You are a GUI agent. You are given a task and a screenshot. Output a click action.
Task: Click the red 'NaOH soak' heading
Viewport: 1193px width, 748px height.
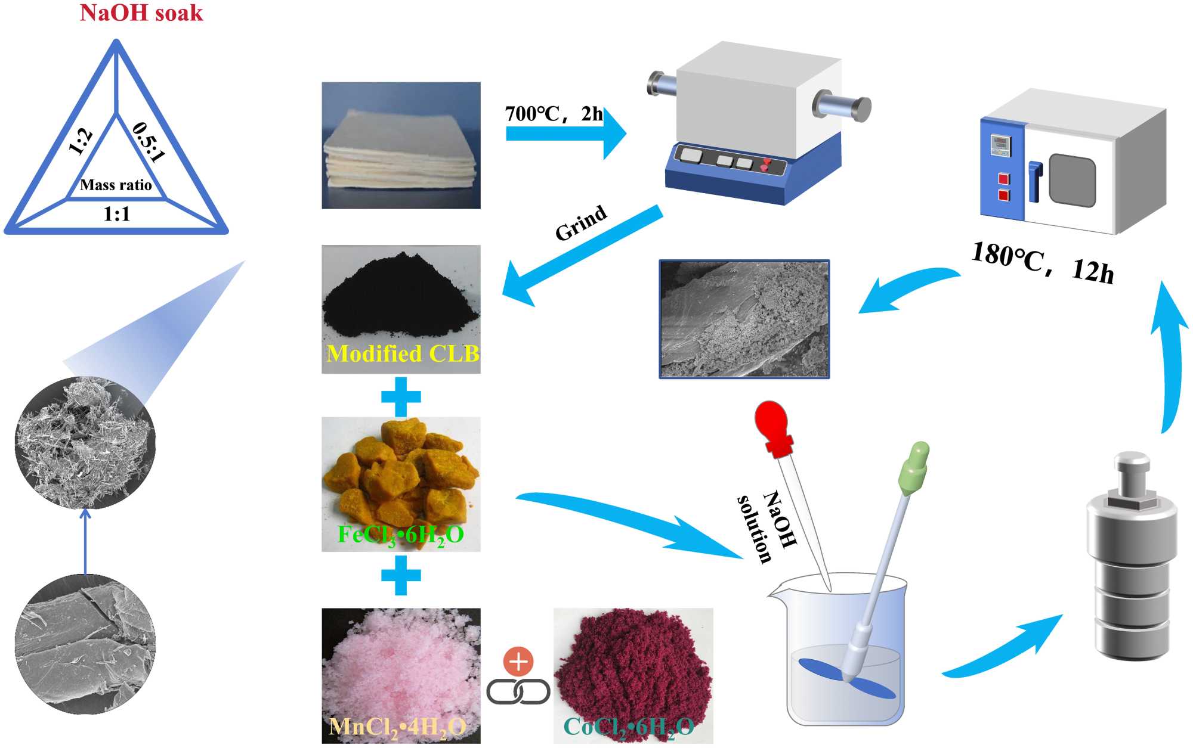(x=141, y=13)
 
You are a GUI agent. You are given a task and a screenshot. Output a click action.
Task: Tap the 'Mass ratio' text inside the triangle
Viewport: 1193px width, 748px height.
(x=116, y=185)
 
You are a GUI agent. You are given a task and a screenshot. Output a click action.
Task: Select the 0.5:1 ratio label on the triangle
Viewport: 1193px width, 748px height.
(x=149, y=142)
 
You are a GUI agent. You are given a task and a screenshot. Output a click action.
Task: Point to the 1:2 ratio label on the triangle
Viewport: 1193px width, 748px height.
(x=81, y=142)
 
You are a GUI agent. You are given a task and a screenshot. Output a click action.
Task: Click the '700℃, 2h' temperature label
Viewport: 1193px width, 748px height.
(x=554, y=113)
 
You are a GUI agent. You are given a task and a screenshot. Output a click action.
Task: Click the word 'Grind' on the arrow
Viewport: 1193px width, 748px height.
(x=580, y=223)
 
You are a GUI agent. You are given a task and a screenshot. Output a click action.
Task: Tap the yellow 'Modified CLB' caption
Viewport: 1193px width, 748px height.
(x=403, y=354)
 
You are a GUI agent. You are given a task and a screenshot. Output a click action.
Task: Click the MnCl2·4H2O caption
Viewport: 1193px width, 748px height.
(x=397, y=727)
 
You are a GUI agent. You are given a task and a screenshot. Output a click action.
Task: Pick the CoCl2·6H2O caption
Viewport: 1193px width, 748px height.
(x=629, y=727)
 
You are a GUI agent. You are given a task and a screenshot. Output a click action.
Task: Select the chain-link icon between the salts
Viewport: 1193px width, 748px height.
(x=518, y=692)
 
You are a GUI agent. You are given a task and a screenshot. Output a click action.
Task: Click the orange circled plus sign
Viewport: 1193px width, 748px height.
(x=518, y=661)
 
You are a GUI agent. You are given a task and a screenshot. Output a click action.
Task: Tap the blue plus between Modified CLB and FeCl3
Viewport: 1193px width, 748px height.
(x=401, y=397)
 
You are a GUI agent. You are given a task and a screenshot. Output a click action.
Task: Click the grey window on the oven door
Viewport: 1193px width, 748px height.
(x=1072, y=180)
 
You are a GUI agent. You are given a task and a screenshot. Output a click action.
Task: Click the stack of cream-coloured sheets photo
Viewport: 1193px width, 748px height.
(x=401, y=145)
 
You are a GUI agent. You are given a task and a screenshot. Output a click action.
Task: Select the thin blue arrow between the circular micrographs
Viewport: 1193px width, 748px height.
(x=85, y=541)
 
